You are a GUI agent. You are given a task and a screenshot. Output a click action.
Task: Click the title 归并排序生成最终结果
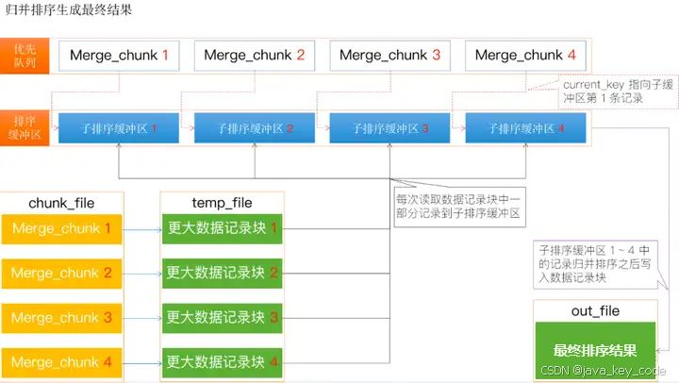pyautogui.click(x=68, y=11)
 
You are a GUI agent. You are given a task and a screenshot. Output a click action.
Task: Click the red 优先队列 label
pyautogui.click(x=25, y=56)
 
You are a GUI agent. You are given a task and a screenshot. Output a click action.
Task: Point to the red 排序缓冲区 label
pyautogui.click(x=25, y=127)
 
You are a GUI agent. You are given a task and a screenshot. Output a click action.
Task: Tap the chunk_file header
pyautogui.click(x=61, y=203)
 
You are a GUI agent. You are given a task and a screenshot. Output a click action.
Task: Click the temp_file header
pyautogui.click(x=222, y=203)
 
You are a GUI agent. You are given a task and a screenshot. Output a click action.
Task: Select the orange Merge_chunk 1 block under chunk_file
pyautogui.click(x=62, y=228)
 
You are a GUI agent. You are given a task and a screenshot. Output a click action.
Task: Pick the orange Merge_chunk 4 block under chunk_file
pyautogui.click(x=62, y=362)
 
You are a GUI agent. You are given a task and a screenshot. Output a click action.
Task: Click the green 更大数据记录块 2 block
pyautogui.click(x=223, y=273)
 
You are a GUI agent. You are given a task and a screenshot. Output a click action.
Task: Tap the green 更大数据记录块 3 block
pyautogui.click(x=223, y=318)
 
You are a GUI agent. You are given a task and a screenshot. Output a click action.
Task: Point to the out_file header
pyautogui.click(x=595, y=311)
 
